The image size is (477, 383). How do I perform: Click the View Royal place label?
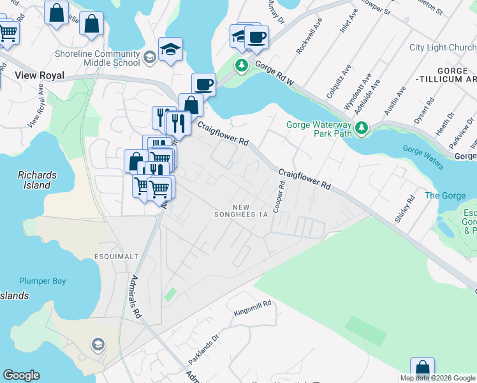click(x=40, y=75)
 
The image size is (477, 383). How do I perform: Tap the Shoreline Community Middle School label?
click(x=98, y=58)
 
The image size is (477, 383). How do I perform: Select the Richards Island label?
click(x=37, y=180)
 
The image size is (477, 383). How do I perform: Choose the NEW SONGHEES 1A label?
click(x=249, y=211)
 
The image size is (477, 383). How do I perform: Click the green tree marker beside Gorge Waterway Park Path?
click(x=362, y=128)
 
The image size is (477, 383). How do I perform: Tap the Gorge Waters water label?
click(x=422, y=158)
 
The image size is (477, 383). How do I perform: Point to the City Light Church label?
click(x=443, y=48)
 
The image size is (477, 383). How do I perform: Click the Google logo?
click(x=21, y=375)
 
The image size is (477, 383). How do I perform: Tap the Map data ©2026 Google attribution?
click(x=437, y=378)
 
